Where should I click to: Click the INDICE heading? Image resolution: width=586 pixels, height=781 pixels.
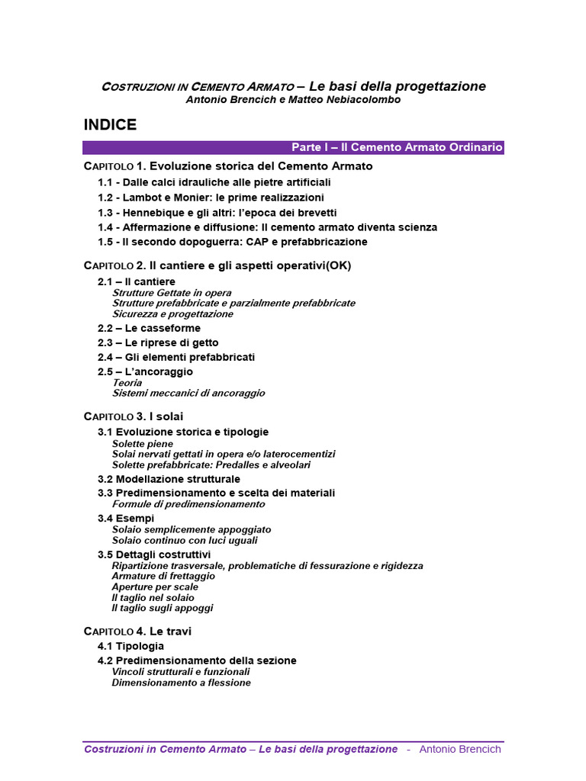click(110, 125)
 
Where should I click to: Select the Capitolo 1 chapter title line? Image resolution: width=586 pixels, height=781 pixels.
click(227, 166)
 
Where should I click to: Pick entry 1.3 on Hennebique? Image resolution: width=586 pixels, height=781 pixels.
click(217, 213)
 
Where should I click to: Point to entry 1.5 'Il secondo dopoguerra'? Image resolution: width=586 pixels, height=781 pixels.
click(232, 242)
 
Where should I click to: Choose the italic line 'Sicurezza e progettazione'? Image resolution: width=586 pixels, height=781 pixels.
click(172, 313)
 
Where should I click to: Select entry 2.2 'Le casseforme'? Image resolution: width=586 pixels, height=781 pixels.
click(149, 328)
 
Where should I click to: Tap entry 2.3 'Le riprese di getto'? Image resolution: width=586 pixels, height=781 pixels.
click(157, 342)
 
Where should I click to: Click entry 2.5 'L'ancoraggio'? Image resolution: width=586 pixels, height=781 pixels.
click(145, 371)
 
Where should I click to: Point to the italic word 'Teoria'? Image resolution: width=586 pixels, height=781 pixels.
click(127, 382)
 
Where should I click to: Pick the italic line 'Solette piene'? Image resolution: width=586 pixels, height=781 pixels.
click(143, 443)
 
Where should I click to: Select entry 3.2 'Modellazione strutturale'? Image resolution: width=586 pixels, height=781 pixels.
click(169, 479)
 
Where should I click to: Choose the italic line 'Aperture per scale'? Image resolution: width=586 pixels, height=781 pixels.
click(155, 587)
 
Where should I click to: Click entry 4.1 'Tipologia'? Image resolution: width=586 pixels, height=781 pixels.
click(130, 646)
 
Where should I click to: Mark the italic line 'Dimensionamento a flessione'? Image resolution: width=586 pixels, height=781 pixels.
click(181, 683)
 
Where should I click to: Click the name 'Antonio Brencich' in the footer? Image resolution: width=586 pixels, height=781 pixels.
click(460, 749)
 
